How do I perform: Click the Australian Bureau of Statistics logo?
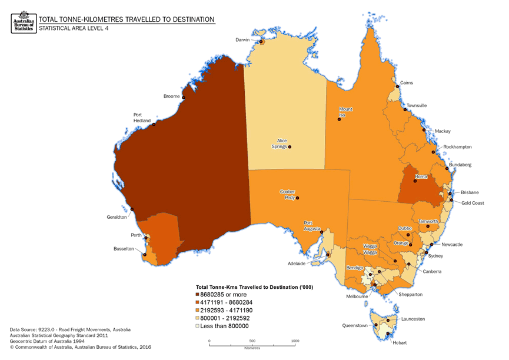coord(22,22)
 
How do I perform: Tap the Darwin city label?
coord(242,40)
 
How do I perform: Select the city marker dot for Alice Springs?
coord(289,146)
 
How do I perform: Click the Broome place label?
coord(171,96)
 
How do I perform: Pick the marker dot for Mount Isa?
coord(339,119)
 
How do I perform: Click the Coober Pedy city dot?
coord(297,198)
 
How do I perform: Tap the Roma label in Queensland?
coord(421,176)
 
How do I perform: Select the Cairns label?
coord(407,83)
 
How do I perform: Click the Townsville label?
coord(417,105)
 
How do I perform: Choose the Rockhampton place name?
coord(458,146)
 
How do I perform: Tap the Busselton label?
coord(124,249)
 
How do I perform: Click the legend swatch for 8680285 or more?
coord(198,294)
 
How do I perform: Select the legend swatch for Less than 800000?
coord(198,326)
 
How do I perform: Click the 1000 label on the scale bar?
coord(295,341)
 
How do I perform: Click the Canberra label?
coord(431,271)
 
